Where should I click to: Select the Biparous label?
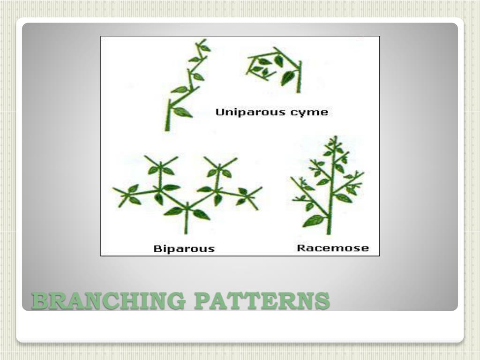pos(184,248)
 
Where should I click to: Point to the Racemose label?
pos(333,248)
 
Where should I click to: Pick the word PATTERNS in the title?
pos(262,300)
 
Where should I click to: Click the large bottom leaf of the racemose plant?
pos(314,220)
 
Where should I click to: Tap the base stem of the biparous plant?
pos(186,225)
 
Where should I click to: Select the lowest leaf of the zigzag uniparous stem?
pos(182,112)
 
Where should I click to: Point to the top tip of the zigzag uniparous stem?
pos(202,41)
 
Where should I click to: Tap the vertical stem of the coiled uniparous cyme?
pos(298,77)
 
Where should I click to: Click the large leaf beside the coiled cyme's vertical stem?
pos(287,77)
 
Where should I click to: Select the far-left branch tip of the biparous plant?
pos(114,189)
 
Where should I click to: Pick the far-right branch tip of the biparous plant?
pos(261,188)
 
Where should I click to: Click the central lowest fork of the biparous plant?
pos(187,205)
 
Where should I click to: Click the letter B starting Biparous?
pos(157,248)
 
